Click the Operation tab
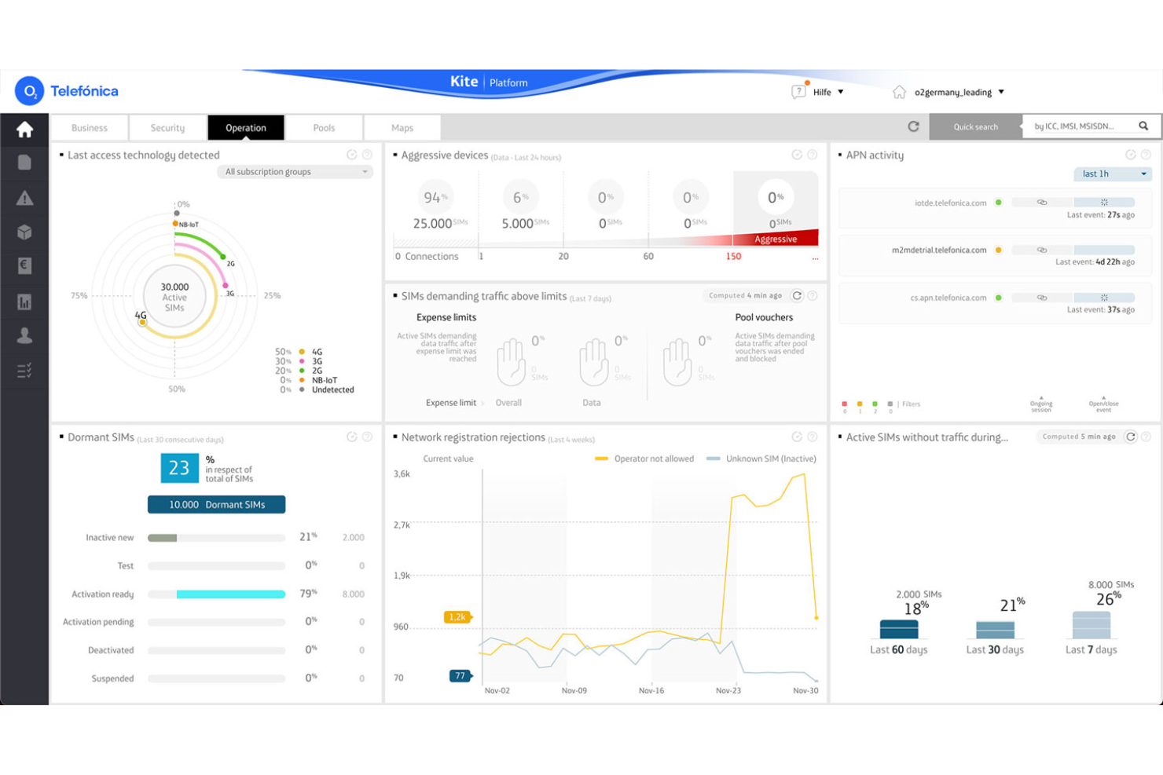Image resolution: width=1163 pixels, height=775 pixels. (x=245, y=128)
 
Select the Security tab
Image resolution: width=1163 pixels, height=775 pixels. (x=167, y=128)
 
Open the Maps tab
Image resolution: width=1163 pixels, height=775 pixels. (x=402, y=128)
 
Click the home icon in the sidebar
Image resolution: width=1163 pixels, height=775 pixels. (x=24, y=130)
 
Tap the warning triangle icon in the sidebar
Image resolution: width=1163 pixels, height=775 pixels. (x=24, y=198)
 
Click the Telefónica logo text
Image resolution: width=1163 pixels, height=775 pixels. (x=84, y=91)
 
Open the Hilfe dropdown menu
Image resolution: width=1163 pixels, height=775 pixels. (x=828, y=92)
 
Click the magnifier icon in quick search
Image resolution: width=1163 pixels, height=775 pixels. (x=1143, y=126)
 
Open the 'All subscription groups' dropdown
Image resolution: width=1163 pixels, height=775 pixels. (x=295, y=172)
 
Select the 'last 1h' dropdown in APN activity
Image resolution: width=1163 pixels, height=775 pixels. (x=1112, y=174)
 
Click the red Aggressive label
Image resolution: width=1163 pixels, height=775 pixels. (x=775, y=239)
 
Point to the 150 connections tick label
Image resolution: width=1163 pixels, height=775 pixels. (x=733, y=257)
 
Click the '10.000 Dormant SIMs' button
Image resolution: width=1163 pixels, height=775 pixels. (x=216, y=505)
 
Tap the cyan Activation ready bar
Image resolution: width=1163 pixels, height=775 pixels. (x=230, y=594)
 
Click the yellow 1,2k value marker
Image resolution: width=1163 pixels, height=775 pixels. (x=457, y=617)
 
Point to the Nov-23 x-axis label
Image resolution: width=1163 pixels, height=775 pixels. (x=728, y=691)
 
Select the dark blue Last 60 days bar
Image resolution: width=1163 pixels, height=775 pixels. (x=899, y=629)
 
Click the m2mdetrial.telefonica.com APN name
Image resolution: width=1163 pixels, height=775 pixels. (x=938, y=250)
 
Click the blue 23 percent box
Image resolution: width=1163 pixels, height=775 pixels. (x=179, y=468)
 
